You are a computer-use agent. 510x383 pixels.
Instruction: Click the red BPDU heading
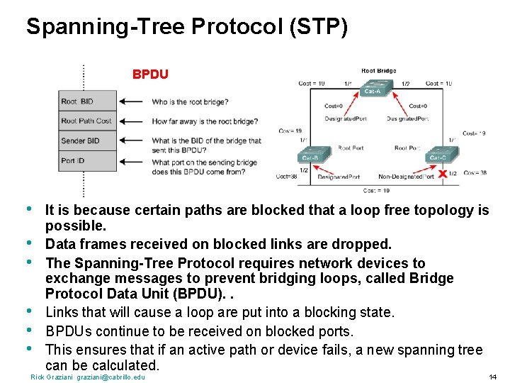pos(150,74)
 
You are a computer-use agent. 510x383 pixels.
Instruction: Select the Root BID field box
pos(88,101)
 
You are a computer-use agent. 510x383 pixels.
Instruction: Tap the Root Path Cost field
pos(88,121)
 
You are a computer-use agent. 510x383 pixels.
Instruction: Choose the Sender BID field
pos(88,141)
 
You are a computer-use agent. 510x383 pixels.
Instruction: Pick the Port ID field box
pos(88,161)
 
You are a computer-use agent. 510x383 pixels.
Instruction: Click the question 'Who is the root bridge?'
pos(190,102)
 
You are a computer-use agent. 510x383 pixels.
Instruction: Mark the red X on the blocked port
pos(443,173)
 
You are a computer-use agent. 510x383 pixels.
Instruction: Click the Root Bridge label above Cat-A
pos(378,71)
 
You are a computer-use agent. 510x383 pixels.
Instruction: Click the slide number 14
pos(492,377)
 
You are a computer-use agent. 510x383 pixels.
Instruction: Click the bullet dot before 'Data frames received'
pos(29,244)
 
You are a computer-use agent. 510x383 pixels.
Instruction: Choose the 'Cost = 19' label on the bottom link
pos(375,190)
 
